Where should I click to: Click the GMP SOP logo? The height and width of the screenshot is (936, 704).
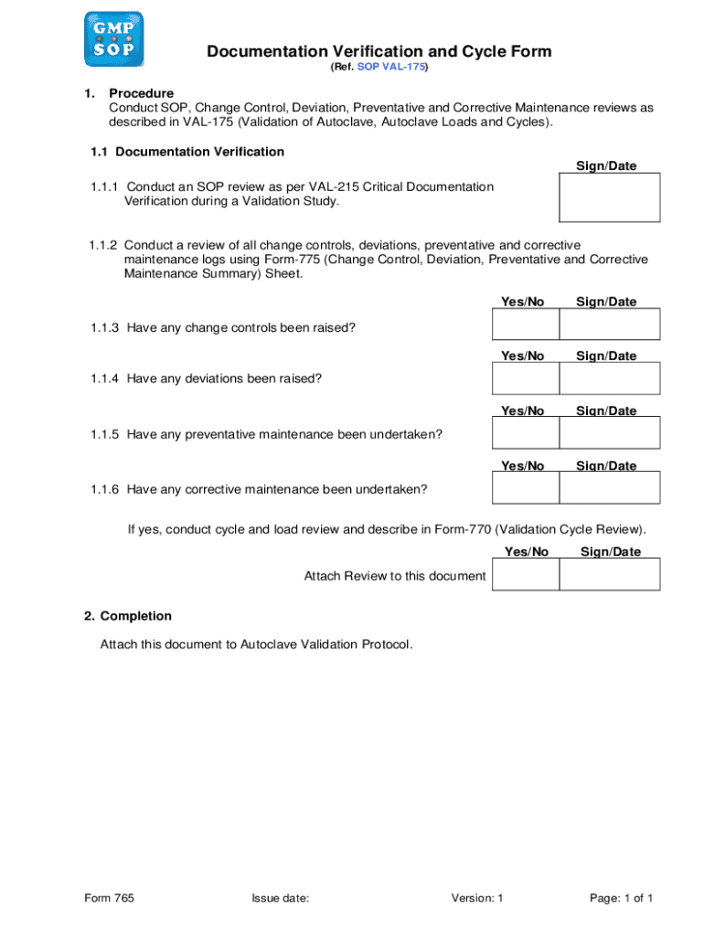(113, 38)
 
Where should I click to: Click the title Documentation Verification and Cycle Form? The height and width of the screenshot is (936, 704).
(379, 51)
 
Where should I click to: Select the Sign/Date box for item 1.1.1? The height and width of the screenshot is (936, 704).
(609, 197)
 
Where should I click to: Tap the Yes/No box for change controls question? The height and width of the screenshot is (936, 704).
(525, 324)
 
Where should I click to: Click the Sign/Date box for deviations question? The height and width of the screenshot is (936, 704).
(609, 378)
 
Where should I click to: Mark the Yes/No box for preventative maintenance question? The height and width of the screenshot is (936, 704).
(525, 433)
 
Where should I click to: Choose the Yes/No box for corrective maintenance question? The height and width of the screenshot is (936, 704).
(525, 488)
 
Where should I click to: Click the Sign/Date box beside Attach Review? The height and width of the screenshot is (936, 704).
(609, 574)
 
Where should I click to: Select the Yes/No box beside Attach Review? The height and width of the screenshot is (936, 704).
(525, 574)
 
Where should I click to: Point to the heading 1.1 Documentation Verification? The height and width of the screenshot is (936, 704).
(187, 152)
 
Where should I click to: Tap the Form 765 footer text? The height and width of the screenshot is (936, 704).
(109, 899)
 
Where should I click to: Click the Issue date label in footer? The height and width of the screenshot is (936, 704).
(281, 899)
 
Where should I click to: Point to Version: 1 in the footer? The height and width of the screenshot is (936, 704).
(477, 899)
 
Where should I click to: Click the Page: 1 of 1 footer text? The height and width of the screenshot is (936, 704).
(621, 899)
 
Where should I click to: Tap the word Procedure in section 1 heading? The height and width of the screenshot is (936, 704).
(141, 93)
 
